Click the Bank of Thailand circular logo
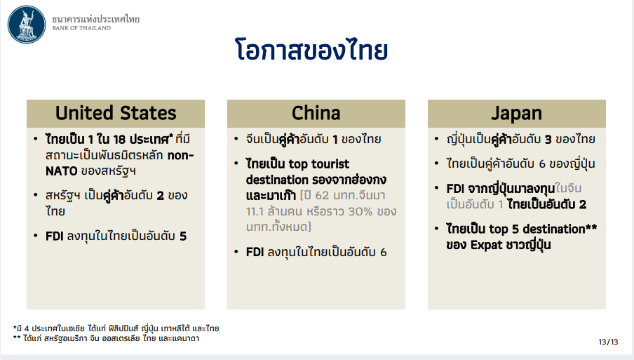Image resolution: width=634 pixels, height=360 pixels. coord(27,25)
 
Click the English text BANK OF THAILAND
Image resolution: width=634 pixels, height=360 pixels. coord(81,28)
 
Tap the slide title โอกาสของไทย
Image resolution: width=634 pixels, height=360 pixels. coord(311,50)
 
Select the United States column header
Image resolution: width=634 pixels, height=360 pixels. coord(116,113)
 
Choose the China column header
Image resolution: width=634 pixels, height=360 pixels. coord(316,113)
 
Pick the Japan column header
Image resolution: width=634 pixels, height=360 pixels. coord(517,113)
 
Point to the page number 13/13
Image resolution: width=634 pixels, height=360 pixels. coord(608,342)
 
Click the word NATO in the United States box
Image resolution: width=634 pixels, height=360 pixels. coord(62,171)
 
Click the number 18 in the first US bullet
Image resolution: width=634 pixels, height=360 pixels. coord(119,140)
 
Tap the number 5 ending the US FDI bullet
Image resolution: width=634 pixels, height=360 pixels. coord(183,236)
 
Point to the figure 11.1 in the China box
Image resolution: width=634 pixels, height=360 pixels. coord(255,211)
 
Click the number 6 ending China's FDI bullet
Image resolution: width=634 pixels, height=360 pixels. coord(384,253)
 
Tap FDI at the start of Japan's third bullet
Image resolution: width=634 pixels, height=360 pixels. coord(455,189)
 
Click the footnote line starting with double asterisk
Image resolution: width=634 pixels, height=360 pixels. coord(106,338)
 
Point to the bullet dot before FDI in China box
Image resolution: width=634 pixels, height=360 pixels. coord(236,252)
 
